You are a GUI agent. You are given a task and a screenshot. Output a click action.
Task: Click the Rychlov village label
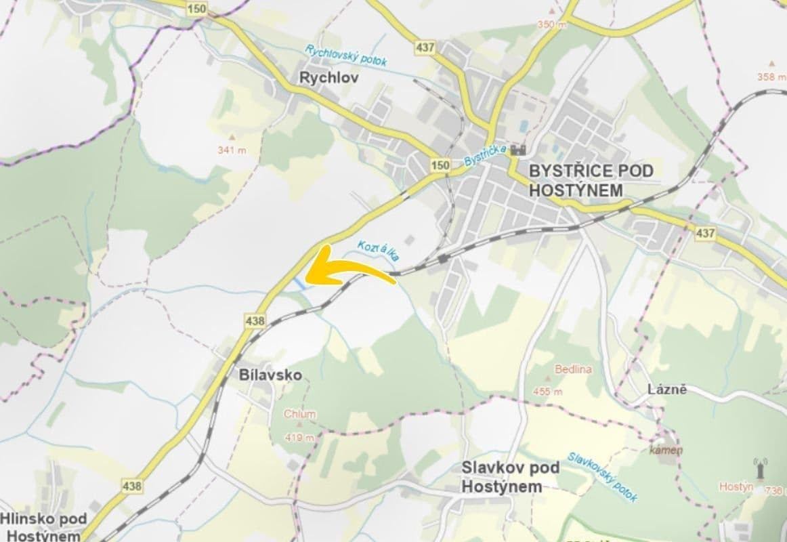[329, 78]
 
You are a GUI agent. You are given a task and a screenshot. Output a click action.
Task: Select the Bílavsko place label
[270, 375]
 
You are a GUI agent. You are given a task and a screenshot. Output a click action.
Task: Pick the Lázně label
[667, 390]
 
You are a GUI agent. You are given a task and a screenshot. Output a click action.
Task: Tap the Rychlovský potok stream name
[346, 56]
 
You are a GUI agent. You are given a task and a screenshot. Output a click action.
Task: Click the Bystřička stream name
[485, 158]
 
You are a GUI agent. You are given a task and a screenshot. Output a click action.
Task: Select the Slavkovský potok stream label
[602, 477]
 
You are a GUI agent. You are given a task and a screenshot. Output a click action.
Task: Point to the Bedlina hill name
[573, 369]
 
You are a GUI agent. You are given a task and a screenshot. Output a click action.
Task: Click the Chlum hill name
[299, 414]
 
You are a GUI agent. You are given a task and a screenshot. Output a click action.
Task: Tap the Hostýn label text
[736, 486]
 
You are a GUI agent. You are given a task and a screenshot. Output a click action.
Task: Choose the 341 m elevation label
[232, 150]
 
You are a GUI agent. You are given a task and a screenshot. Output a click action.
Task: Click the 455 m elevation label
[548, 392]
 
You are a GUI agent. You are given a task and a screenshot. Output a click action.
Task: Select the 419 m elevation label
[299, 437]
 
